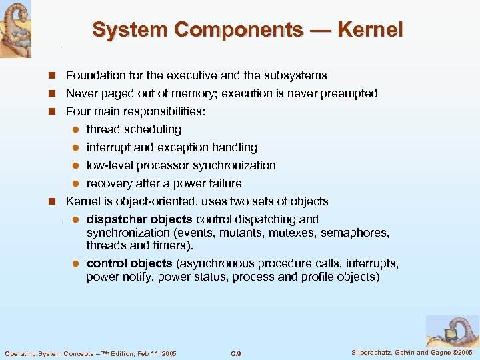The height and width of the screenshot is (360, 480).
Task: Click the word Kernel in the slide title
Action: coord(370,30)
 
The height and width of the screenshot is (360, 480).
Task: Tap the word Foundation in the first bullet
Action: coord(93,75)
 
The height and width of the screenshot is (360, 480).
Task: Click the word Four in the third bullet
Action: coord(77,111)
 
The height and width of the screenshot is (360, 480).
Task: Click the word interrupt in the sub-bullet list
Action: coord(109,147)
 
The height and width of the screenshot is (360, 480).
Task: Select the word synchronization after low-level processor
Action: coord(235,165)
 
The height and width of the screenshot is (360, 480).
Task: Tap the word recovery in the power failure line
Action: coord(108,183)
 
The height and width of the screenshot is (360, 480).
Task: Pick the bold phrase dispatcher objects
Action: coord(139,219)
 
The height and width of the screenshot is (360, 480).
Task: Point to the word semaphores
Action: coord(355,233)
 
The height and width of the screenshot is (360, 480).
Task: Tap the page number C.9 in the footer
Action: coord(235,353)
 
